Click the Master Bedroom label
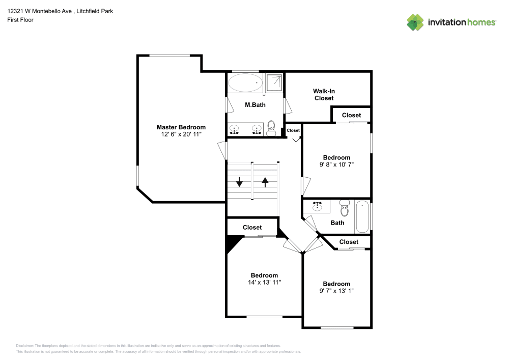(181, 127)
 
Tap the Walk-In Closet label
(324, 95)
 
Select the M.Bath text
(255, 105)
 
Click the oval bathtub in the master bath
(245, 83)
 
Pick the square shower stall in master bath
(274, 83)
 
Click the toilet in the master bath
(271, 128)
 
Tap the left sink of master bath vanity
(234, 129)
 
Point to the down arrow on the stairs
(239, 182)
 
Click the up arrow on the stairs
(265, 182)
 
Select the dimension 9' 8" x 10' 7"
(336, 164)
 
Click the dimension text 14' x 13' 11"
(264, 283)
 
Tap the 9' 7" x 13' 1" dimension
(336, 291)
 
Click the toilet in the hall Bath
(345, 208)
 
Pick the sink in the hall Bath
(317, 206)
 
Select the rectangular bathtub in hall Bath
(362, 216)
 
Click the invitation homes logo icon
(415, 22)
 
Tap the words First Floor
(20, 20)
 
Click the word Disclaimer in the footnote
(24, 346)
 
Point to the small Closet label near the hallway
(293, 130)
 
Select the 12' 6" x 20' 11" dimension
(181, 134)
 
